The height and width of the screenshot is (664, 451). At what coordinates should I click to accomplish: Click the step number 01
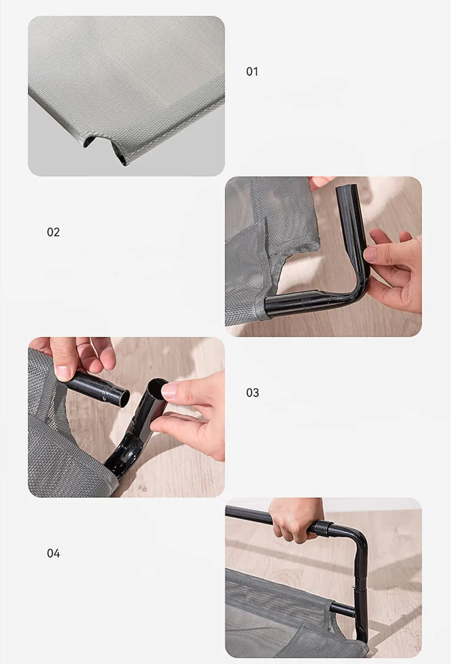pos(252,71)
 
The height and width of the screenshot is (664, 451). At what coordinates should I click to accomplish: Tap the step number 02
pos(53,232)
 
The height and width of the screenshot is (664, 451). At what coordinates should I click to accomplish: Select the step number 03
pos(252,393)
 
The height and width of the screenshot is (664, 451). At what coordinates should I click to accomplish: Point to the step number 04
pos(53,553)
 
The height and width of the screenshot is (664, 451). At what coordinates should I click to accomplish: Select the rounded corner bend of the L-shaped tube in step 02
pos(359,288)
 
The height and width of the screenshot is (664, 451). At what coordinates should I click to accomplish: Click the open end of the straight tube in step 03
pos(123,398)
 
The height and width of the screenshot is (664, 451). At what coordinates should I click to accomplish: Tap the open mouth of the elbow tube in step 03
pos(158,386)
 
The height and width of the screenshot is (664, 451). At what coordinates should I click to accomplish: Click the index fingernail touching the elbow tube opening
pos(169,390)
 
